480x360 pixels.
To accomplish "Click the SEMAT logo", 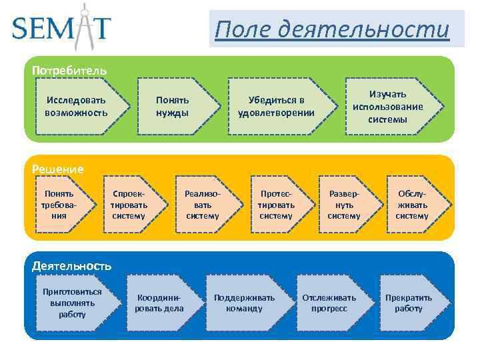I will tap(61, 27).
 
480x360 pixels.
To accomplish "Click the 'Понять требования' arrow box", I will tap(57, 204).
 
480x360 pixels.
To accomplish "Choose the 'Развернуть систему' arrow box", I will tap(345, 204).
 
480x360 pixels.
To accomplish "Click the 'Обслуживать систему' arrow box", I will tap(413, 204).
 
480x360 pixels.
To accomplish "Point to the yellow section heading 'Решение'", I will tap(58, 169).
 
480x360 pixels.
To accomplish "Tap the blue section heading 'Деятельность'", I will tap(71, 265).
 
